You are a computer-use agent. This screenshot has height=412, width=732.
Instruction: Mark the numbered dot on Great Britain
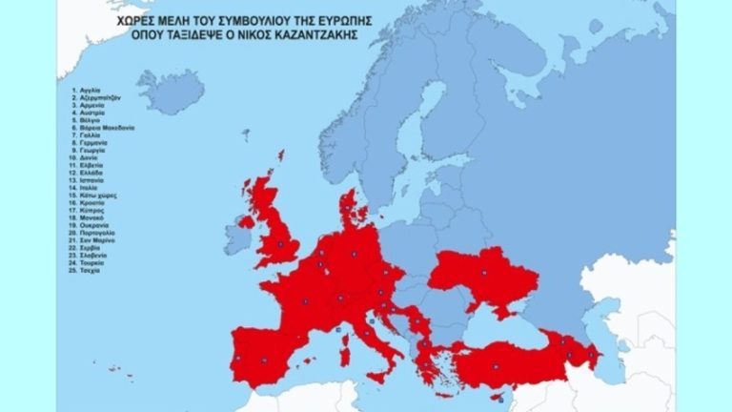pyautogui.click(x=280, y=246)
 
